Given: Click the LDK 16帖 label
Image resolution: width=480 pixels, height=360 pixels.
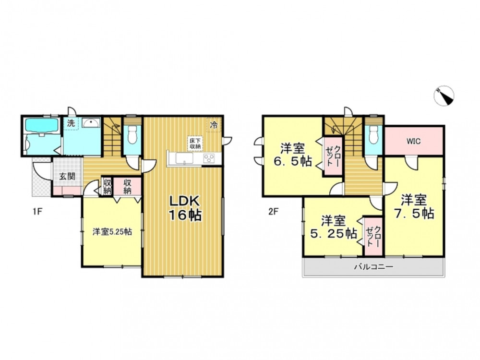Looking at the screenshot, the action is click(x=185, y=208).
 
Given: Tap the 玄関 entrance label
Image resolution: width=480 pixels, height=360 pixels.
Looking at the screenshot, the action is click(x=67, y=176).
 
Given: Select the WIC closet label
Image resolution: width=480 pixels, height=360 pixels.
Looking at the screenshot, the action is click(x=413, y=142).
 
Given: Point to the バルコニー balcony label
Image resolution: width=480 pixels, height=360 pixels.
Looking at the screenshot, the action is click(x=373, y=267).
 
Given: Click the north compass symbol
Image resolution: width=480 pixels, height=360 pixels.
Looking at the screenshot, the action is click(x=444, y=96).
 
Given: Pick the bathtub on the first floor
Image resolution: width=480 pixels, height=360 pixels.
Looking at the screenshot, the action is click(x=42, y=125).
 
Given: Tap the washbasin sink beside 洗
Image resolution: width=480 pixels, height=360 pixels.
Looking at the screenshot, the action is click(x=91, y=123).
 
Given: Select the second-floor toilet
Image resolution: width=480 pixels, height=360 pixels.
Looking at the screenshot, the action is click(x=374, y=135).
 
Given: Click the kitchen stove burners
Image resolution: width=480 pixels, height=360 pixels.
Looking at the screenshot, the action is click(x=209, y=158).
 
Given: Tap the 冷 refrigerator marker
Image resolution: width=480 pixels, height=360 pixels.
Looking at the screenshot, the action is click(x=214, y=125).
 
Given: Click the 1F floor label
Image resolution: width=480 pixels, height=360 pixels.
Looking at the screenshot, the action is click(x=37, y=212).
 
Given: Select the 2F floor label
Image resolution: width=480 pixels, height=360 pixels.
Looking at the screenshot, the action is click(x=273, y=212).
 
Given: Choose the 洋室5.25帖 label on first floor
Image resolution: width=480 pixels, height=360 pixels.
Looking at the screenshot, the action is click(x=112, y=232).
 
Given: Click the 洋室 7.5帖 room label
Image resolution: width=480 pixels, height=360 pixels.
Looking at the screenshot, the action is click(x=414, y=207).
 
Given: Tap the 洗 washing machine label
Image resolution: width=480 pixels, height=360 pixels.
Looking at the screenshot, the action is click(x=71, y=123).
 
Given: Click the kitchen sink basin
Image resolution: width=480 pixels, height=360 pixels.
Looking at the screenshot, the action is click(x=184, y=158).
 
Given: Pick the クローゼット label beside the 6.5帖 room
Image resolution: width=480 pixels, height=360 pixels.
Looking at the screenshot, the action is click(x=333, y=156).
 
